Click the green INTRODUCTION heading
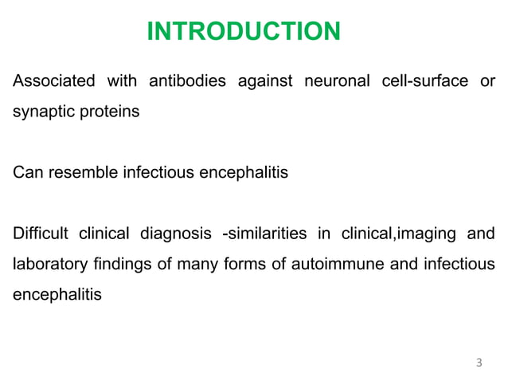point(244,32)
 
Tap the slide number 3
point(478,363)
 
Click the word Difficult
point(41,234)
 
